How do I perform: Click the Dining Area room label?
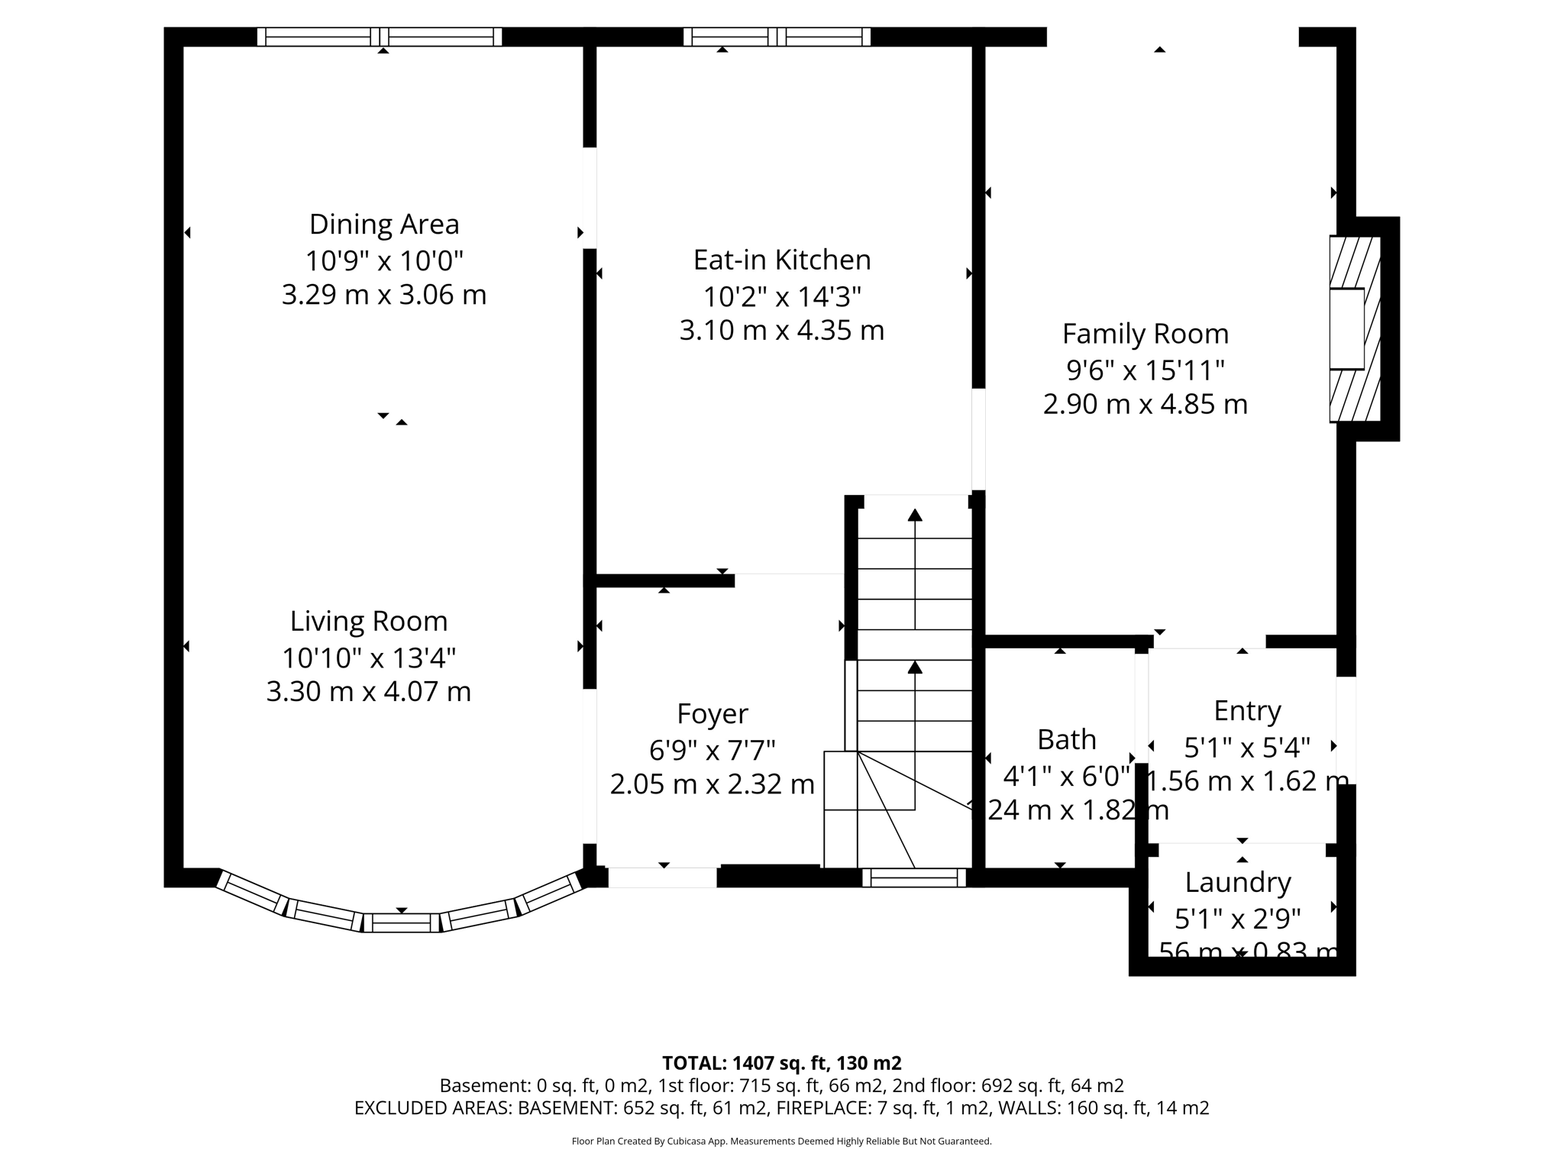click(x=384, y=225)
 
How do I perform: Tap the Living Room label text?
click(x=369, y=622)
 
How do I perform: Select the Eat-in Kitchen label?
click(x=782, y=260)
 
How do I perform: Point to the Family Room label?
click(x=1146, y=334)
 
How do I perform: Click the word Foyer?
click(x=713, y=714)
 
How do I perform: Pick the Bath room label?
click(x=1067, y=740)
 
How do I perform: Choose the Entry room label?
click(x=1247, y=711)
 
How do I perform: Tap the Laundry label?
click(x=1238, y=883)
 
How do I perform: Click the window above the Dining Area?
click(x=380, y=37)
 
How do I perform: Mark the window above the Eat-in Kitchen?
click(x=777, y=37)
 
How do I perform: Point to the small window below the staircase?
click(x=914, y=878)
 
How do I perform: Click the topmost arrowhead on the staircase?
click(x=915, y=515)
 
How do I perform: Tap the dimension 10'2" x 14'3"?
click(x=782, y=296)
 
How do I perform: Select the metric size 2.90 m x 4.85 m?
click(x=1146, y=404)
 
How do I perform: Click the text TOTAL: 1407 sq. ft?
click(x=781, y=1063)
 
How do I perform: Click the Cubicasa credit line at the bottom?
click(x=781, y=1142)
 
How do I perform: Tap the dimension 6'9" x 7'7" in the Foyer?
click(x=713, y=751)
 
